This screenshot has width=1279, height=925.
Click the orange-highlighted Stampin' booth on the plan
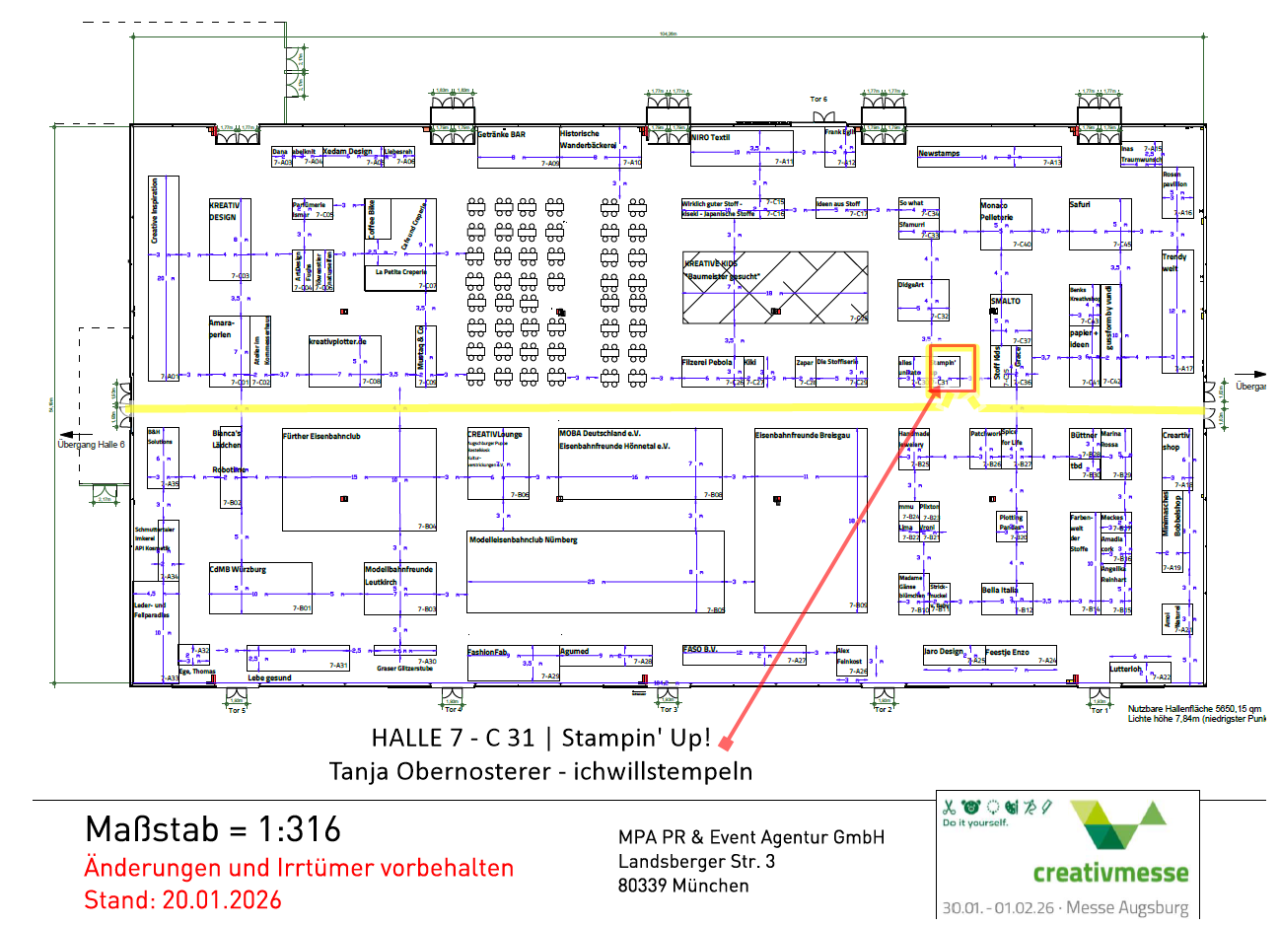click(953, 366)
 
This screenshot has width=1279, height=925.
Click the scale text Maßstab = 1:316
click(213, 829)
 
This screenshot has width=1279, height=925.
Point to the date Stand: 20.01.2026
click(182, 899)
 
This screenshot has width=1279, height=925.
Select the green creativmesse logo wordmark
click(1110, 873)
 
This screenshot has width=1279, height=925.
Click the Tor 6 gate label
click(818, 100)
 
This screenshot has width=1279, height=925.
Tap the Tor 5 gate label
click(237, 710)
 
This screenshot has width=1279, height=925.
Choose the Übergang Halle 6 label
click(91, 445)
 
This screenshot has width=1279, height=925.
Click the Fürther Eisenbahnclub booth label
click(321, 436)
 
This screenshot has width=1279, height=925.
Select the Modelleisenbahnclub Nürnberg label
click(523, 539)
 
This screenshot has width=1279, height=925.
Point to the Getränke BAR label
click(502, 134)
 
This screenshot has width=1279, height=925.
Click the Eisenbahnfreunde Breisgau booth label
click(802, 435)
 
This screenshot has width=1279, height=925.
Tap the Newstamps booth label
click(939, 153)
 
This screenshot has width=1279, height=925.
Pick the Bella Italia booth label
click(1000, 590)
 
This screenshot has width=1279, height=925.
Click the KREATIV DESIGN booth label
click(224, 211)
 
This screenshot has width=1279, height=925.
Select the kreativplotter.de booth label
click(337, 341)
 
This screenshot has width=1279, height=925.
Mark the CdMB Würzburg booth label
click(238, 569)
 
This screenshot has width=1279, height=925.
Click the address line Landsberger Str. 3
click(696, 861)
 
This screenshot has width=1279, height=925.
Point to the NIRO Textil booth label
click(710, 137)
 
